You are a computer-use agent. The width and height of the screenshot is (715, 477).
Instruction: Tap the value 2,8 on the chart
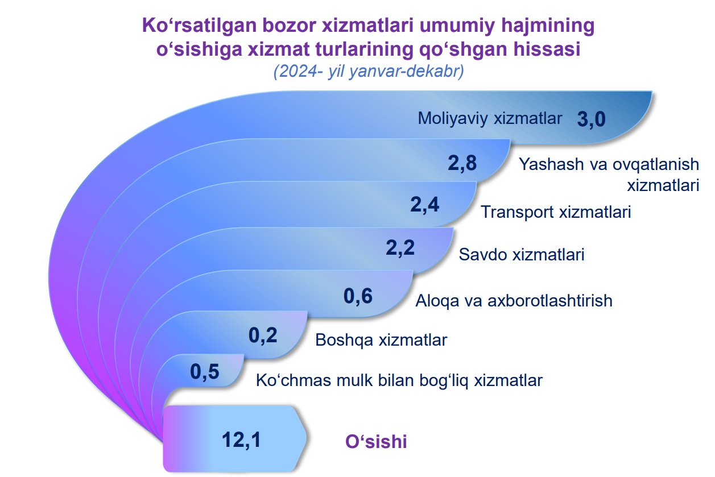[462, 164]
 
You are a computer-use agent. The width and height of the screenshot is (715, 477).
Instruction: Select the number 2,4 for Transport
[424, 205]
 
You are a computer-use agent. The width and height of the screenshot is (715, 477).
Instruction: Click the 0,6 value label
[358, 296]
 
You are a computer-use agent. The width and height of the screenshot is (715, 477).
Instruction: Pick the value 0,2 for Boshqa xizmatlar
[263, 336]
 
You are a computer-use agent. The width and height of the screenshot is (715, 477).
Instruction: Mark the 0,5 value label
[205, 372]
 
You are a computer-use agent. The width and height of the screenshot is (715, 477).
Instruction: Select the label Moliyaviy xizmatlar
[490, 119]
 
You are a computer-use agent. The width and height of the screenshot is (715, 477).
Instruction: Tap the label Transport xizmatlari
[556, 212]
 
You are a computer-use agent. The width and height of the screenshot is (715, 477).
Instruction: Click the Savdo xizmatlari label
[522, 255]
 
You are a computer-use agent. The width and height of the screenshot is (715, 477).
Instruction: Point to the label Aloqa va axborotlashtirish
[514, 301]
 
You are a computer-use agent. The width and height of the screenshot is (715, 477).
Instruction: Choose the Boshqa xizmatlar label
[381, 341]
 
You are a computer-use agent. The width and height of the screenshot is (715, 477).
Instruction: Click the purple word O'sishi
[376, 442]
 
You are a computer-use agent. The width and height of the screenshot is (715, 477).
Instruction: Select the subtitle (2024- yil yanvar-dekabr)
[369, 72]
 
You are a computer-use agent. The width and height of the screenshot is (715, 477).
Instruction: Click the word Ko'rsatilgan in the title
[200, 26]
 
